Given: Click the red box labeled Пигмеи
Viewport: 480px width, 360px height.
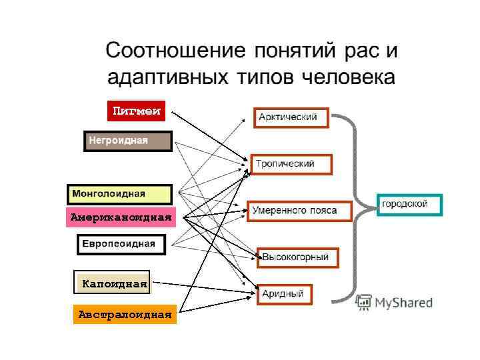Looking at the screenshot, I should coord(136,111).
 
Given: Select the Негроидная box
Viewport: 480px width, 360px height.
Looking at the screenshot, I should coord(127,141).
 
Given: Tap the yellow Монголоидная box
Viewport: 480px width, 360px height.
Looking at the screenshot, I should coord(119,194).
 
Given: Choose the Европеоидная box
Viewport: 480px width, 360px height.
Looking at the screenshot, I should coord(121,245).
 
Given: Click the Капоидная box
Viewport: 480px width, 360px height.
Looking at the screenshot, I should coord(111,283).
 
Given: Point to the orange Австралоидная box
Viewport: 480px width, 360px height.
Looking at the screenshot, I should coord(125,313).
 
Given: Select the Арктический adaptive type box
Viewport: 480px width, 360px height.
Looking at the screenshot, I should coord(291,118).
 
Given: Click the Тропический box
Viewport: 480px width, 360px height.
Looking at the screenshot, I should coord(290,164).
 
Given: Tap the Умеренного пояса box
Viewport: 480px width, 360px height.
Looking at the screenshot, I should coord(299,211).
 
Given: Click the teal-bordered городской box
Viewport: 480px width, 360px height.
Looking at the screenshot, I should coord(409,204).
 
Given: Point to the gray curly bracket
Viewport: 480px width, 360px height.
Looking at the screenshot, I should coord(350,207).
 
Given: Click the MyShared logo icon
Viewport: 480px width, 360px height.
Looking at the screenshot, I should coord(363,302).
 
